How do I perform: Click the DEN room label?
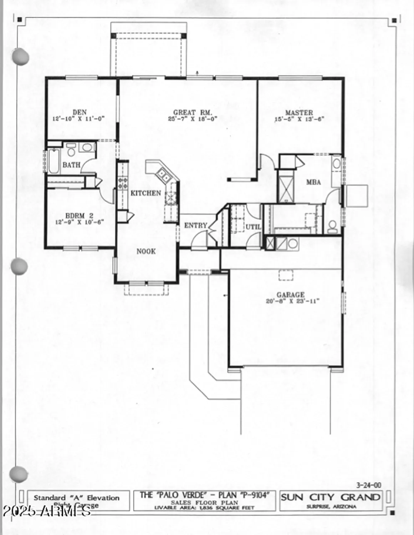click(79, 112)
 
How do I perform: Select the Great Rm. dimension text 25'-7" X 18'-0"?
click(193, 119)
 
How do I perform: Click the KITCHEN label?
click(145, 193)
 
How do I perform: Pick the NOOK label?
click(146, 251)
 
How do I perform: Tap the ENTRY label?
click(195, 225)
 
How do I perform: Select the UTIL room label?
click(253, 227)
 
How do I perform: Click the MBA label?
click(313, 182)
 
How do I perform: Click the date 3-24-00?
click(368, 485)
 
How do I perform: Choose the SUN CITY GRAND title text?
click(330, 497)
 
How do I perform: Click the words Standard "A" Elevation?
click(76, 498)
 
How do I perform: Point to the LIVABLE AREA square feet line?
click(204, 508)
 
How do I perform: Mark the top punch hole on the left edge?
click(21, 56)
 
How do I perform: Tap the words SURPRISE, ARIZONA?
click(331, 507)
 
